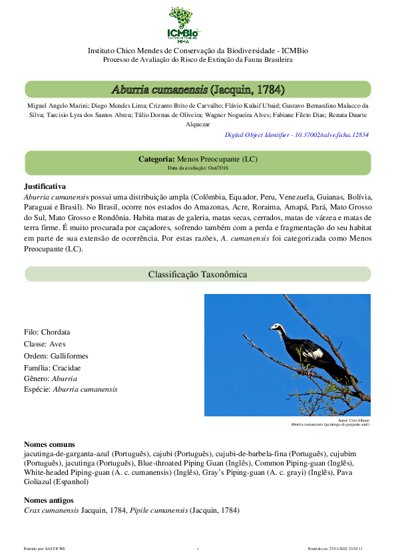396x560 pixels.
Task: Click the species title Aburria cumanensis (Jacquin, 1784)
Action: coord(198,89)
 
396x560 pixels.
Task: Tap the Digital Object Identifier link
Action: coord(296,134)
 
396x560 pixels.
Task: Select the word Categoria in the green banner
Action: coord(156,160)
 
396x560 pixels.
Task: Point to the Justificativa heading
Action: coord(45,187)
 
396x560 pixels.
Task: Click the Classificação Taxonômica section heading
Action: coord(198,274)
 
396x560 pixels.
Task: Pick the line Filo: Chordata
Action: coord(47,332)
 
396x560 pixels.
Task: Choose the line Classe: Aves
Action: coord(45,344)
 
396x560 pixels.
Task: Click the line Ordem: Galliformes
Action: coord(56,356)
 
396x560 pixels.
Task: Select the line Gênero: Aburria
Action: coord(51,378)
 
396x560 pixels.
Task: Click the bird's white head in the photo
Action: coord(275,327)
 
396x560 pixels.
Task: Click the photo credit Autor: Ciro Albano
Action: coord(353,420)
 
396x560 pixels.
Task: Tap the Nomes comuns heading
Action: coord(49,444)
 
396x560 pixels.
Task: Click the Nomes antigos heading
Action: coord(49,499)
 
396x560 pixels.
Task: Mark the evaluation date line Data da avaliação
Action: coord(197,168)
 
